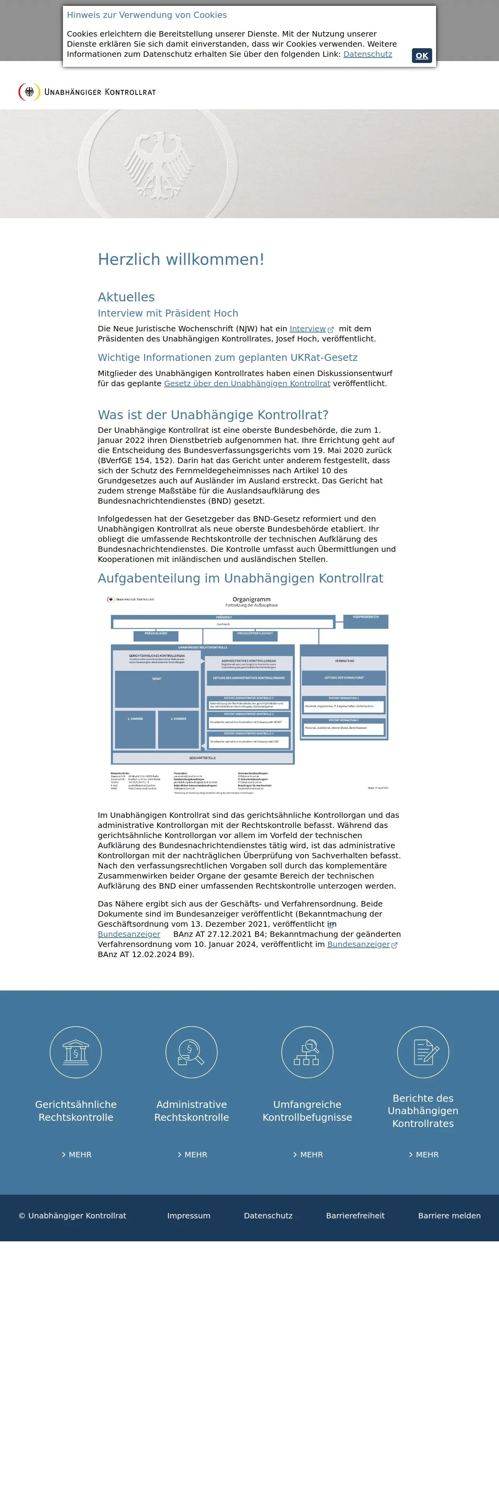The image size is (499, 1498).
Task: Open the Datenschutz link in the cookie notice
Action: click(367, 54)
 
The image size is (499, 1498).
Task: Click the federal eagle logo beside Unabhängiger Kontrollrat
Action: click(29, 92)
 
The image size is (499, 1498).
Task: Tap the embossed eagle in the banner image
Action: click(158, 164)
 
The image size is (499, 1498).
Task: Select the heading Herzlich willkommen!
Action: click(181, 259)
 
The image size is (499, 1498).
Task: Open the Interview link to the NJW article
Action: click(308, 329)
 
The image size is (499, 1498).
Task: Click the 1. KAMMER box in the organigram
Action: click(135, 729)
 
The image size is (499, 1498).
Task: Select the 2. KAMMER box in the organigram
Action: click(178, 729)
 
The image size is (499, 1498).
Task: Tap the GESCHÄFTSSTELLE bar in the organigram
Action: click(203, 758)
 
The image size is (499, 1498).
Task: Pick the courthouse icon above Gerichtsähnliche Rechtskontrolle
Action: click(75, 1052)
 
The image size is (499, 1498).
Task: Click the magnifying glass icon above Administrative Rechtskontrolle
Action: click(191, 1052)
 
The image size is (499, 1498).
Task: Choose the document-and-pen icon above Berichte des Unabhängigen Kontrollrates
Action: click(423, 1052)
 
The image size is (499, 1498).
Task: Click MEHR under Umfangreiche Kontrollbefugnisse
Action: click(308, 1154)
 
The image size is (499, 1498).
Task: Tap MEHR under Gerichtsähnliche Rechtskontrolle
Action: click(77, 1154)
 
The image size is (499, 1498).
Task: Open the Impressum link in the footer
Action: click(189, 1215)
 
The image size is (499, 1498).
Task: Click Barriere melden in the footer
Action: click(449, 1215)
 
